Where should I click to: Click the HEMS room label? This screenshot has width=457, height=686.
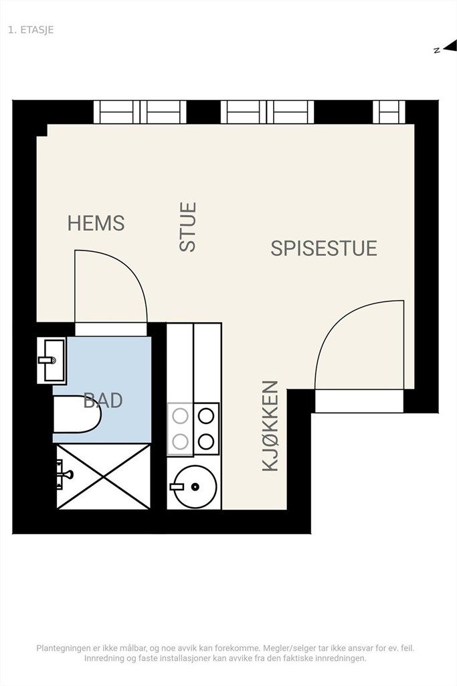96,223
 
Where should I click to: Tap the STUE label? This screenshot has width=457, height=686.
188,226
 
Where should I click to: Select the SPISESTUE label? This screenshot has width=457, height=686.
324,249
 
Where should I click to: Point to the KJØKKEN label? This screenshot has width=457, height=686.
270,425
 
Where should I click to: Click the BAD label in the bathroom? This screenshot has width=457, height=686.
103,401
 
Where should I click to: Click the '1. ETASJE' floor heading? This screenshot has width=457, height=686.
31,29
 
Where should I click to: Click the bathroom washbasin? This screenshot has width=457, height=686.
52,360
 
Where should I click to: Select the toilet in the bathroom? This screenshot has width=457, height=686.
77,414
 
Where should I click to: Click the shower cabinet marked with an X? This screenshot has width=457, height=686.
104,476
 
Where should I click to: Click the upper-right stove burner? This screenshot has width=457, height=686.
206,416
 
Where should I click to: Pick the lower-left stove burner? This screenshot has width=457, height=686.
180,442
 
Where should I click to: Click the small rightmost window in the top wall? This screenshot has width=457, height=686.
389,112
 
